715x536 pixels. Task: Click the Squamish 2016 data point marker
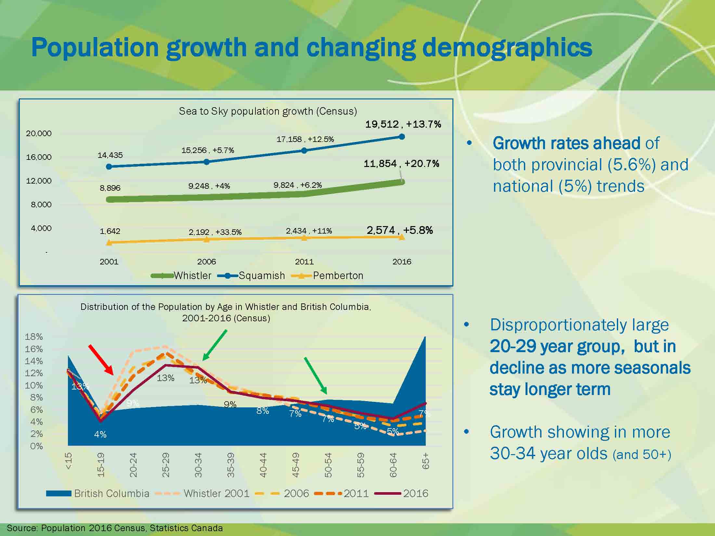pyautogui.click(x=402, y=137)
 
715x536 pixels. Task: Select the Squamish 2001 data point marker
pyautogui.click(x=109, y=167)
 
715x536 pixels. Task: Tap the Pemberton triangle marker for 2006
pyautogui.click(x=207, y=239)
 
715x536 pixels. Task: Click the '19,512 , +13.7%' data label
pyautogui.click(x=403, y=124)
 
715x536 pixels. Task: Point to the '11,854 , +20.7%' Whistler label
pyautogui.click(x=401, y=163)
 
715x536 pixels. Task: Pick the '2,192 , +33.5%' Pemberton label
pyautogui.click(x=215, y=232)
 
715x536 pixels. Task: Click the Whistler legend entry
pyautogui.click(x=181, y=276)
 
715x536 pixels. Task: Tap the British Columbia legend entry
pyautogui.click(x=97, y=493)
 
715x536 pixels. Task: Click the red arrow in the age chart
pyautogui.click(x=101, y=360)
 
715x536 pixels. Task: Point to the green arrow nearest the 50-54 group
pyautogui.click(x=316, y=376)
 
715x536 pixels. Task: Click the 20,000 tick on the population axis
pyautogui.click(x=39, y=134)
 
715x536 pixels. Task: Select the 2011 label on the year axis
pyautogui.click(x=304, y=262)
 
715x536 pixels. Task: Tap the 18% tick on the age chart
pyautogui.click(x=34, y=337)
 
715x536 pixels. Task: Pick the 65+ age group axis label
pyautogui.click(x=426, y=461)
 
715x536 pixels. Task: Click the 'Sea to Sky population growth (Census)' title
pyautogui.click(x=268, y=111)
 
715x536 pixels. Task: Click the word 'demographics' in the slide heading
pyautogui.click(x=507, y=47)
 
